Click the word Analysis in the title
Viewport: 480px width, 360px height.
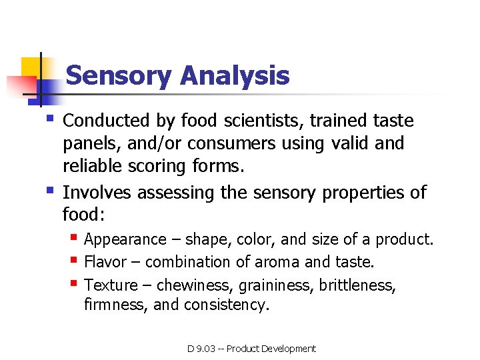click(x=235, y=75)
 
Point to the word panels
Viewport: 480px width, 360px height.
click(x=87, y=143)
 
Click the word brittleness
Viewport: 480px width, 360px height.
click(x=357, y=285)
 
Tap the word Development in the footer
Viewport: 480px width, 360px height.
click(x=289, y=349)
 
